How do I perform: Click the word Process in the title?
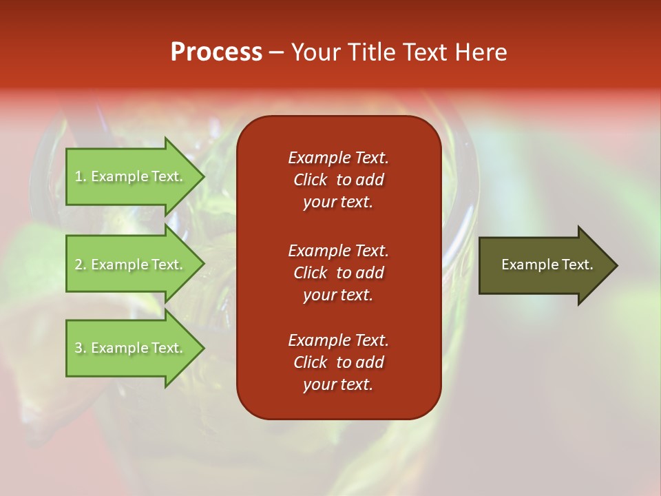pos(216,52)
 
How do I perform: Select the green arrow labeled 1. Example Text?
pos(131,176)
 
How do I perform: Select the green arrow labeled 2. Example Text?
pos(131,265)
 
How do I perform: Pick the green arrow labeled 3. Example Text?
pos(131,348)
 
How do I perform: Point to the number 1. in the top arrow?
pos(81,177)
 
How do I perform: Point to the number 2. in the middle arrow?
pos(81,265)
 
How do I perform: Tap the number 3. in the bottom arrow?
pos(81,349)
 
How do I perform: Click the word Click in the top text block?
pos(311,180)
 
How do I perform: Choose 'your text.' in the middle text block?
pos(338,295)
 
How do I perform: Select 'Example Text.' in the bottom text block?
pos(338,340)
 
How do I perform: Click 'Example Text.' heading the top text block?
pos(338,158)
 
